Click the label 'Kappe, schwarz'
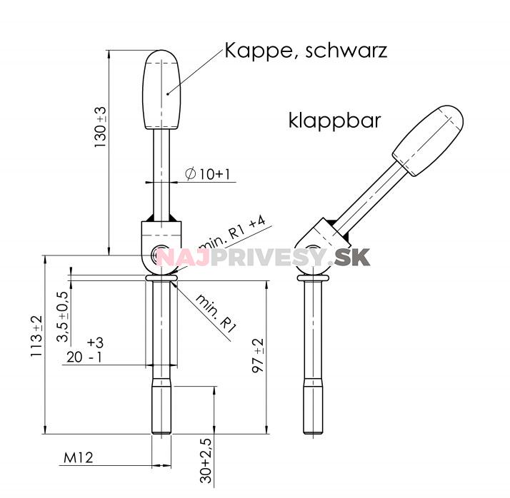306,51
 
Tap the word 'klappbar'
334,119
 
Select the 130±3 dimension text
100,128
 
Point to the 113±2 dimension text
37,337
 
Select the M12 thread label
79,457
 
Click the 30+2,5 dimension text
206,462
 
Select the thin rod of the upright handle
161,171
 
